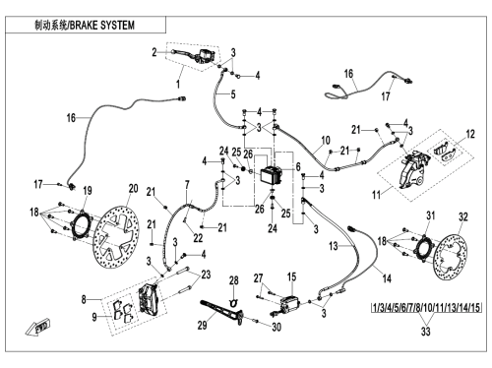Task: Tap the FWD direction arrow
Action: (37, 327)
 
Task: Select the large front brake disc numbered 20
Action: (118, 237)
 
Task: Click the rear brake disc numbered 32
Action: (451, 257)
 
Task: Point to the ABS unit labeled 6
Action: (272, 176)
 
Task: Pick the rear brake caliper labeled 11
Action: (413, 169)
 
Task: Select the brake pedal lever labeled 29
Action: (222, 312)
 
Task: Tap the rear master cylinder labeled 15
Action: (287, 304)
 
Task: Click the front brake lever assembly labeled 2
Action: (194, 54)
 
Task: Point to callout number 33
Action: (425, 332)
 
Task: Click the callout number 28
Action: (233, 280)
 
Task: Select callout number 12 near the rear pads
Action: (470, 134)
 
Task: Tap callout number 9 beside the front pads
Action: (94, 317)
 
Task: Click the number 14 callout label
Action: (387, 278)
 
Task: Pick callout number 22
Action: (198, 238)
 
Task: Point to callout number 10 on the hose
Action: (326, 141)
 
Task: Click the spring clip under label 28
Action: (233, 303)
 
